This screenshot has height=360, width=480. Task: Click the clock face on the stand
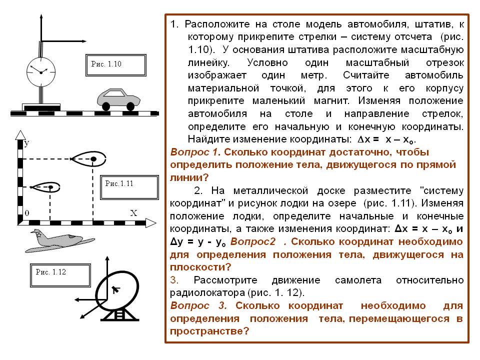41,72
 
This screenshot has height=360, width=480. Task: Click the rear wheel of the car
106,106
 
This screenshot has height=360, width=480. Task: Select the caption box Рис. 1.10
115,65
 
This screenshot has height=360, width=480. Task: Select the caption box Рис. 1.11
129,187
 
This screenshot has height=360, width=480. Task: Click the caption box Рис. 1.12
60,275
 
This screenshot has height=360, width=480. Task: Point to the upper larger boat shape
88,158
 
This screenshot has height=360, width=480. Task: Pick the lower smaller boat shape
45,186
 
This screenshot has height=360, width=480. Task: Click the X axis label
133,213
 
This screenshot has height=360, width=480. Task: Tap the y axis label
26,143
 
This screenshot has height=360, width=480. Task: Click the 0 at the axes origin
27,213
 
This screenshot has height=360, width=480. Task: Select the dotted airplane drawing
59,241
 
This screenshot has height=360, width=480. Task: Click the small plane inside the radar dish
115,289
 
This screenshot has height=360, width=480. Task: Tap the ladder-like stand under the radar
119,314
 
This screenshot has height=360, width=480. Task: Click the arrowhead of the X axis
150,223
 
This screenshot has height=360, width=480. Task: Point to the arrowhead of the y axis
20,135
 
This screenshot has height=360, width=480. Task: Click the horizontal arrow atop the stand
64,41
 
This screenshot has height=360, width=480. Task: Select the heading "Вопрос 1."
195,152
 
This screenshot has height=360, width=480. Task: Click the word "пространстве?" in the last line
209,331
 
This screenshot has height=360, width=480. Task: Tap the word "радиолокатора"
207,292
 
